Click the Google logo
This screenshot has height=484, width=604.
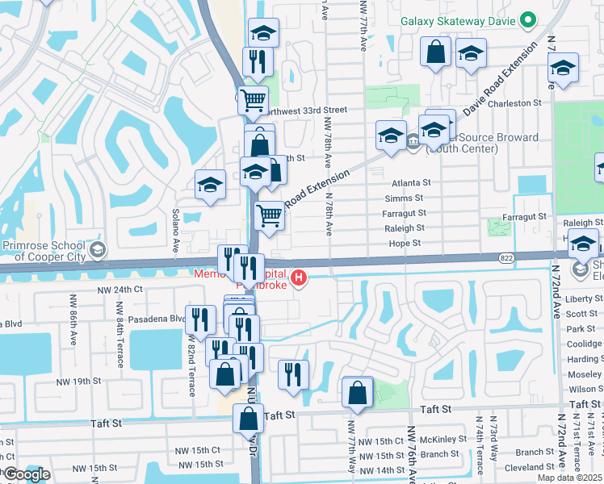pos(27,474)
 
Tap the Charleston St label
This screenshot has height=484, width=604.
pos(514,103)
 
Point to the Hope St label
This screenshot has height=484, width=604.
pos(405,243)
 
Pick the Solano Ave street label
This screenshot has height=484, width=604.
pos(174,231)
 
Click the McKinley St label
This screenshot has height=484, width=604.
pos(439,440)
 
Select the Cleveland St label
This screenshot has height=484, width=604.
pos(530,467)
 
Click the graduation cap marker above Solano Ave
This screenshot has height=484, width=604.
pos(210,186)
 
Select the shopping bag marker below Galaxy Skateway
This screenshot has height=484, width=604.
pos(435,53)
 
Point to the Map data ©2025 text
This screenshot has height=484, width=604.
pos(569,478)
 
